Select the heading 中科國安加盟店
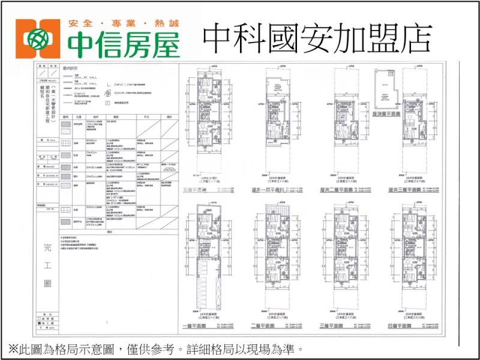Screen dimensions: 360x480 [317, 38]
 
